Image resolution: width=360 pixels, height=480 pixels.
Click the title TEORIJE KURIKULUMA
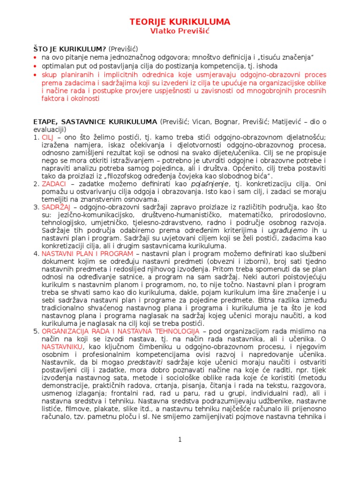[180, 22]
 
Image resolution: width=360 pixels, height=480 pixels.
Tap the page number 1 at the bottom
[180, 439]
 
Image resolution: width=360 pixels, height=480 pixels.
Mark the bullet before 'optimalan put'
[35, 66]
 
